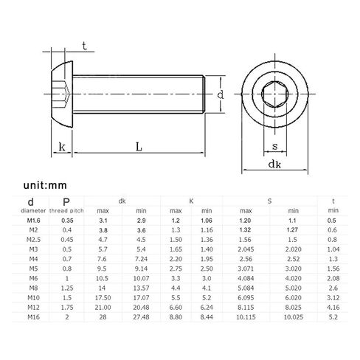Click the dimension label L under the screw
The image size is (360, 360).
139,147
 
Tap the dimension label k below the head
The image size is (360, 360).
62,147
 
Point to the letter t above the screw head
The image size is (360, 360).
84,46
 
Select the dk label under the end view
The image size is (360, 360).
274,164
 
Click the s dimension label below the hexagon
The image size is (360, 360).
274,146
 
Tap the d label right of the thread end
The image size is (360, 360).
221,94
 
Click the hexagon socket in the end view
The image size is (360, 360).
274,94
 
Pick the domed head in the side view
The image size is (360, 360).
62,94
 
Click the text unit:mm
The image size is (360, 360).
45,185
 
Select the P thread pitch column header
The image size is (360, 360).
66,206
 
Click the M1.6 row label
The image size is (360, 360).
33,221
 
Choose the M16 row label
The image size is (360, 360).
33,317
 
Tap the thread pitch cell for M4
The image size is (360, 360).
67,259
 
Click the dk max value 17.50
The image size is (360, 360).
103,297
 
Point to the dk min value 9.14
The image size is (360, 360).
141,269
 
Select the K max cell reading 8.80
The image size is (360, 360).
176,317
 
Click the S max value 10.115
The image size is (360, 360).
246,317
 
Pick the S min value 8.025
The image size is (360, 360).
294,308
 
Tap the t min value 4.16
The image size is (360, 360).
333,308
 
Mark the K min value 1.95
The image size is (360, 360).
207,259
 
